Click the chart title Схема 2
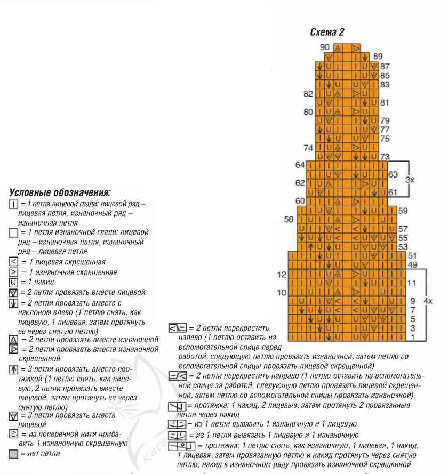(x=327, y=32)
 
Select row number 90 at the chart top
(x=325, y=47)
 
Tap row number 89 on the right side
(x=378, y=56)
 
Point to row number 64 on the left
(x=300, y=165)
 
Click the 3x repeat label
(x=410, y=180)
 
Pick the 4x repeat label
(x=428, y=301)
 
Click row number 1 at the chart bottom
(x=412, y=337)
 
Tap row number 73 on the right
(x=385, y=156)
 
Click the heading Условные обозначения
(x=60, y=192)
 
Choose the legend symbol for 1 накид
(x=14, y=282)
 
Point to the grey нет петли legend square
(x=14, y=454)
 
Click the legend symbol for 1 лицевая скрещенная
(x=14, y=262)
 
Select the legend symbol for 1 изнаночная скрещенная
(x=14, y=272)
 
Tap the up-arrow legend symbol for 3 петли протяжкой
(x=14, y=369)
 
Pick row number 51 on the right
(x=412, y=255)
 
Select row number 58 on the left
(x=289, y=219)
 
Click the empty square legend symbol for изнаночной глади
(x=14, y=233)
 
